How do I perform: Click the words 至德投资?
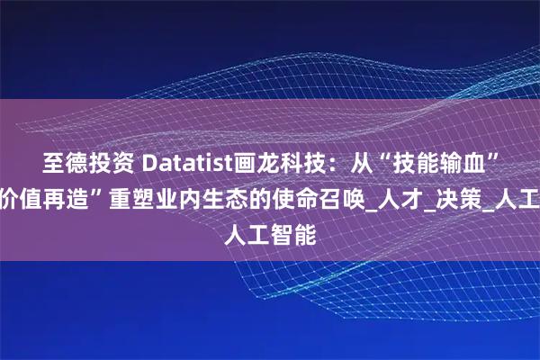(85, 165)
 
